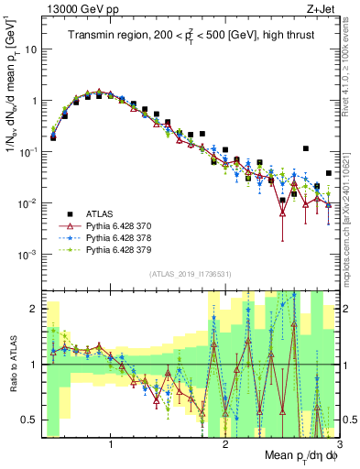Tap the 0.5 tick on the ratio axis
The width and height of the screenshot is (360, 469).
pyautogui.click(x=32, y=420)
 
